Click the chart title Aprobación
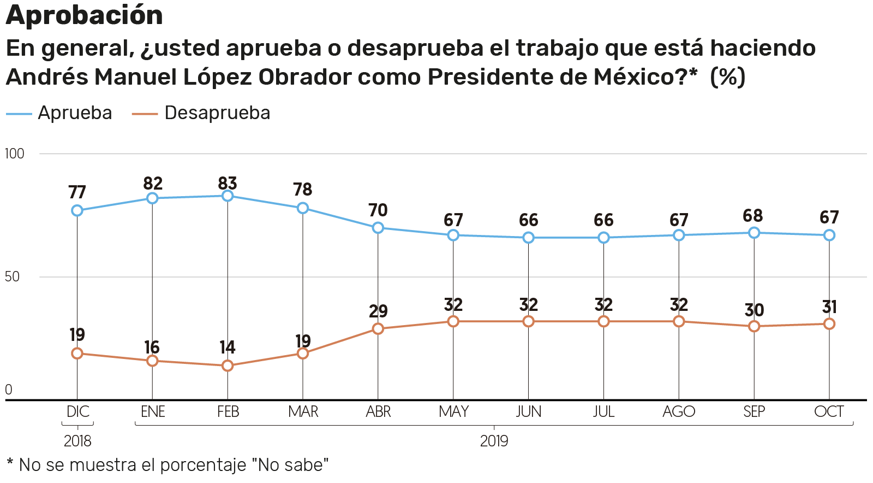point(85,15)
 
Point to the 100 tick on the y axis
point(15,154)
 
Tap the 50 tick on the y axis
point(12,276)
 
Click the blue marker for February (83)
point(228,196)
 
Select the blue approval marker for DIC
point(77,210)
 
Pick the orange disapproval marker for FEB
point(228,366)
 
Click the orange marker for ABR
point(378,328)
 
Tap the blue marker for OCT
point(829,235)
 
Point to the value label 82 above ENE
point(153,184)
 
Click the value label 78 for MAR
point(302,190)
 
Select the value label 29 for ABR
point(378,311)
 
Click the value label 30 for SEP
point(754,310)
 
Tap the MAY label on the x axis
point(453,411)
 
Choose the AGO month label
point(679,411)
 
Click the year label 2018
point(77,441)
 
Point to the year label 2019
point(494,441)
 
